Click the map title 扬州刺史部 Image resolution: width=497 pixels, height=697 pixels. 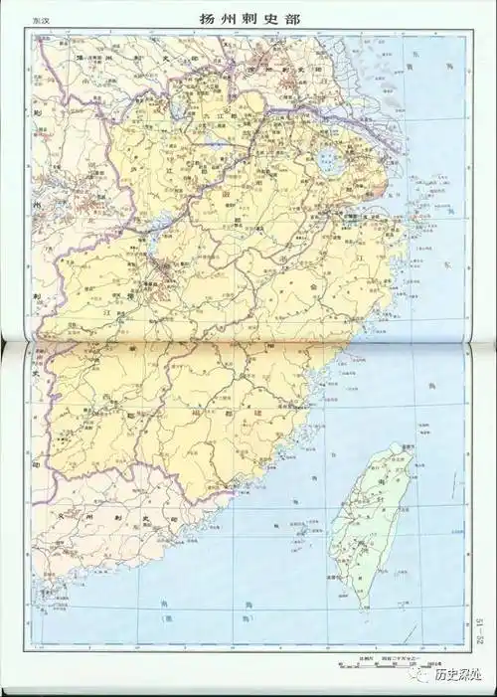pyautogui.click(x=248, y=19)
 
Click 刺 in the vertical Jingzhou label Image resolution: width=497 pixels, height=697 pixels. pyautogui.click(x=36, y=295)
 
